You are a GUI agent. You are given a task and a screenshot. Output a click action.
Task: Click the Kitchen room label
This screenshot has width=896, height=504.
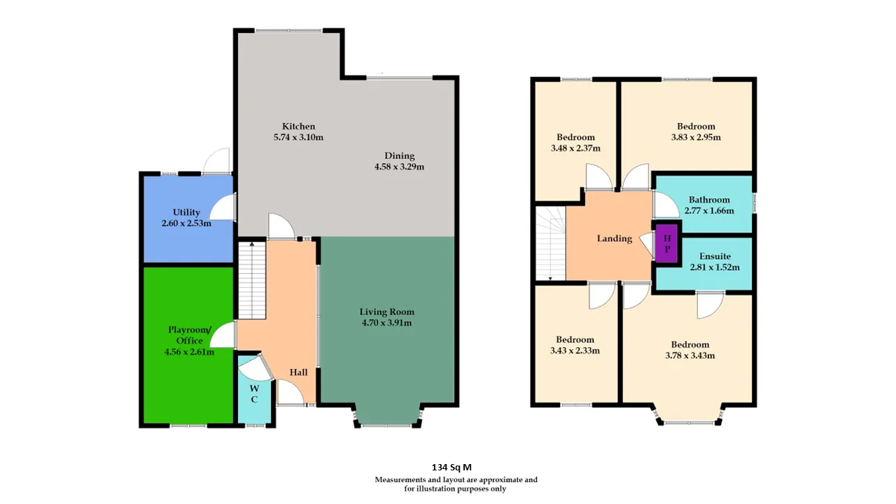click(298, 127)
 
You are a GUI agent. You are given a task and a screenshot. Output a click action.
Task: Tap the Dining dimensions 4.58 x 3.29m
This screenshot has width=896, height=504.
click(399, 167)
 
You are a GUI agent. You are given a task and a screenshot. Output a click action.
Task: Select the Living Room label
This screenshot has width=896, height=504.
click(387, 311)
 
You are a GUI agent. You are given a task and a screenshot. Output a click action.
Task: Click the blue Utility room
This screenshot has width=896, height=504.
click(188, 220)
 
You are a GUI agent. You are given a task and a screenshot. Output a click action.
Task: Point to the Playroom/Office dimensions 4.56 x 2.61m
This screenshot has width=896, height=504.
click(189, 352)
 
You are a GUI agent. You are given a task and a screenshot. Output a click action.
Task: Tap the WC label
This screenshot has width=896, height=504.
click(254, 393)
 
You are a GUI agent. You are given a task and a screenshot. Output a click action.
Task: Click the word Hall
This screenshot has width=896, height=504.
click(298, 372)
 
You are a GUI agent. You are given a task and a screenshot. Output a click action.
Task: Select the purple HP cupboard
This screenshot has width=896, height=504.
click(666, 243)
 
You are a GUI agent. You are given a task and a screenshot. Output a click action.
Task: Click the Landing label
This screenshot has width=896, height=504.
click(615, 239)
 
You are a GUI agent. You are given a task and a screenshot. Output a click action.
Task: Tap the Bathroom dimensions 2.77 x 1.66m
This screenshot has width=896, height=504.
click(709, 211)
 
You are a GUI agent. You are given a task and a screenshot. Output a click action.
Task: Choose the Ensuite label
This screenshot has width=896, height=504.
click(715, 256)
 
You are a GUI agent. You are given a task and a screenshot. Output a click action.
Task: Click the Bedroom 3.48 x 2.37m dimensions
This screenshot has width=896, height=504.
click(575, 148)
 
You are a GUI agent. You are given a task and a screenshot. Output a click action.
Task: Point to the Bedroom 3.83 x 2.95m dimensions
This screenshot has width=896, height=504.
click(696, 138)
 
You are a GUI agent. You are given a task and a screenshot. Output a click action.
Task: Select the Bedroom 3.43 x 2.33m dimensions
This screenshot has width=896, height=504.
click(575, 351)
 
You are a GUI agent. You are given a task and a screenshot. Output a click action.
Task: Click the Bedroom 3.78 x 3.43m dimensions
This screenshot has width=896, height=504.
click(690, 356)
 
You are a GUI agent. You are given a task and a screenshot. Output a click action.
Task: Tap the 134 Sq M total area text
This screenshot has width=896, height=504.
click(451, 467)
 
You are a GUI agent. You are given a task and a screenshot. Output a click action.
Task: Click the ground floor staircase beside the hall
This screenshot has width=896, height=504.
click(252, 280)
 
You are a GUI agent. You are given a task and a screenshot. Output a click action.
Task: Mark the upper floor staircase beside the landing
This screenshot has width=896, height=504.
click(550, 243)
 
